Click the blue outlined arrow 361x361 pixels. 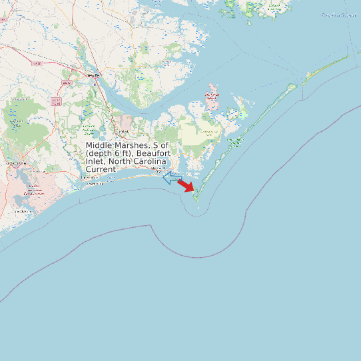(173, 178)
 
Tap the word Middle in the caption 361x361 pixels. (99, 145)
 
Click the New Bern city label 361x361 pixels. (93, 75)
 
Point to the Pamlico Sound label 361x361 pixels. (338, 15)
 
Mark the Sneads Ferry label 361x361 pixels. (22, 211)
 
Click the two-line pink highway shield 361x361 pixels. (55, 102)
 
